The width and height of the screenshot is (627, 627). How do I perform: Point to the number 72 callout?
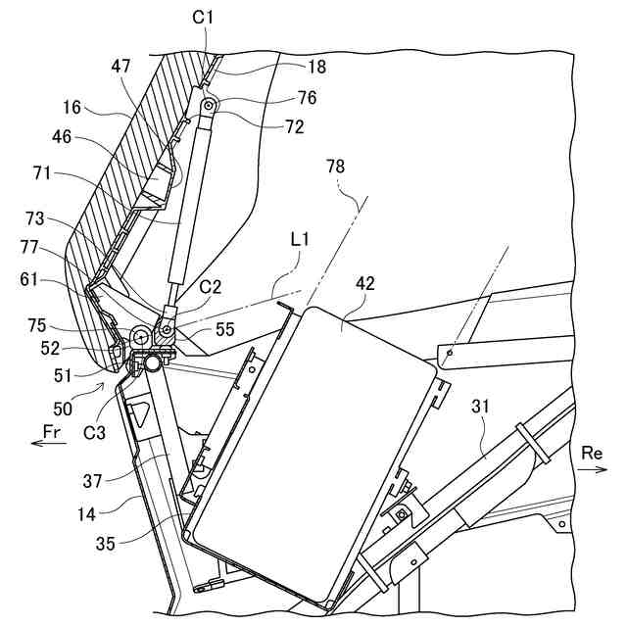(294, 126)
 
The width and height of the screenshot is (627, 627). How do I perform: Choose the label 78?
(335, 168)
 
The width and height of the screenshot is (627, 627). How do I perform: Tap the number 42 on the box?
(364, 283)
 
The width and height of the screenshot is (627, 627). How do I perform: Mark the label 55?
(226, 332)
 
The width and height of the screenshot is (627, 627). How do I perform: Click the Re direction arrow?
(591, 470)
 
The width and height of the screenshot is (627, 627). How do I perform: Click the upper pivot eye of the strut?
(208, 105)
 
